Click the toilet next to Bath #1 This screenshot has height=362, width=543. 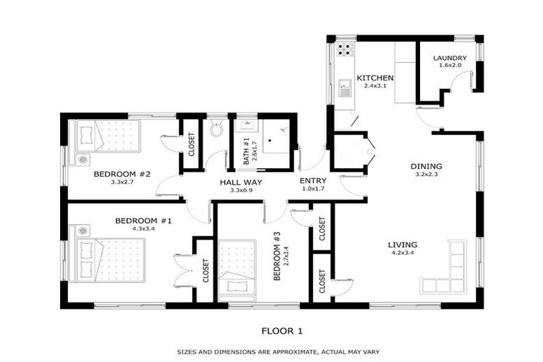(216, 128)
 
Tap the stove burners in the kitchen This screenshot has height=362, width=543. (344, 49)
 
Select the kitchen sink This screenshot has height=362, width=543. (345, 88)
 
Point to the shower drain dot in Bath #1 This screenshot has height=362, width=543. (270, 141)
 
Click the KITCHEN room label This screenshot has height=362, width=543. (375, 78)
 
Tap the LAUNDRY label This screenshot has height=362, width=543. (450, 58)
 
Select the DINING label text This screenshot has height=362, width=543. (426, 166)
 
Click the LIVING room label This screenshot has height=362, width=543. (402, 245)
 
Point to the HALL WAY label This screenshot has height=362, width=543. (241, 182)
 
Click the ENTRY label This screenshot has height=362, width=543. (313, 181)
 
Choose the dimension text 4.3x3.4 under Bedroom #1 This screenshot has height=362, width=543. (144, 228)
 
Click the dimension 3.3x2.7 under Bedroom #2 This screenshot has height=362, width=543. (122, 182)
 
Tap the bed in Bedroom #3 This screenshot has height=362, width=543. (238, 271)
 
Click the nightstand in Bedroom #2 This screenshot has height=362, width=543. (83, 160)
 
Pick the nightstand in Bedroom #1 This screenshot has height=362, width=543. (83, 230)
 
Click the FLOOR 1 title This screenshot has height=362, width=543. (282, 331)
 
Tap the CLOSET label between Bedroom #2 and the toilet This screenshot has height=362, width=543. (191, 144)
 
